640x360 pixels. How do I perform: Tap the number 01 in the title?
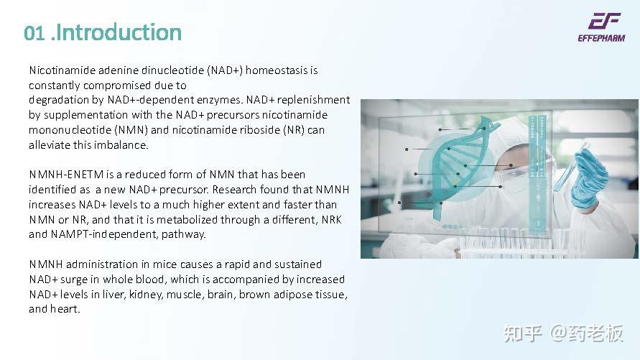click(34, 33)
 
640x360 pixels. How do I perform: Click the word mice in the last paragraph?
click(149, 264)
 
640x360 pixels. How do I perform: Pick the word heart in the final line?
click(65, 309)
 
